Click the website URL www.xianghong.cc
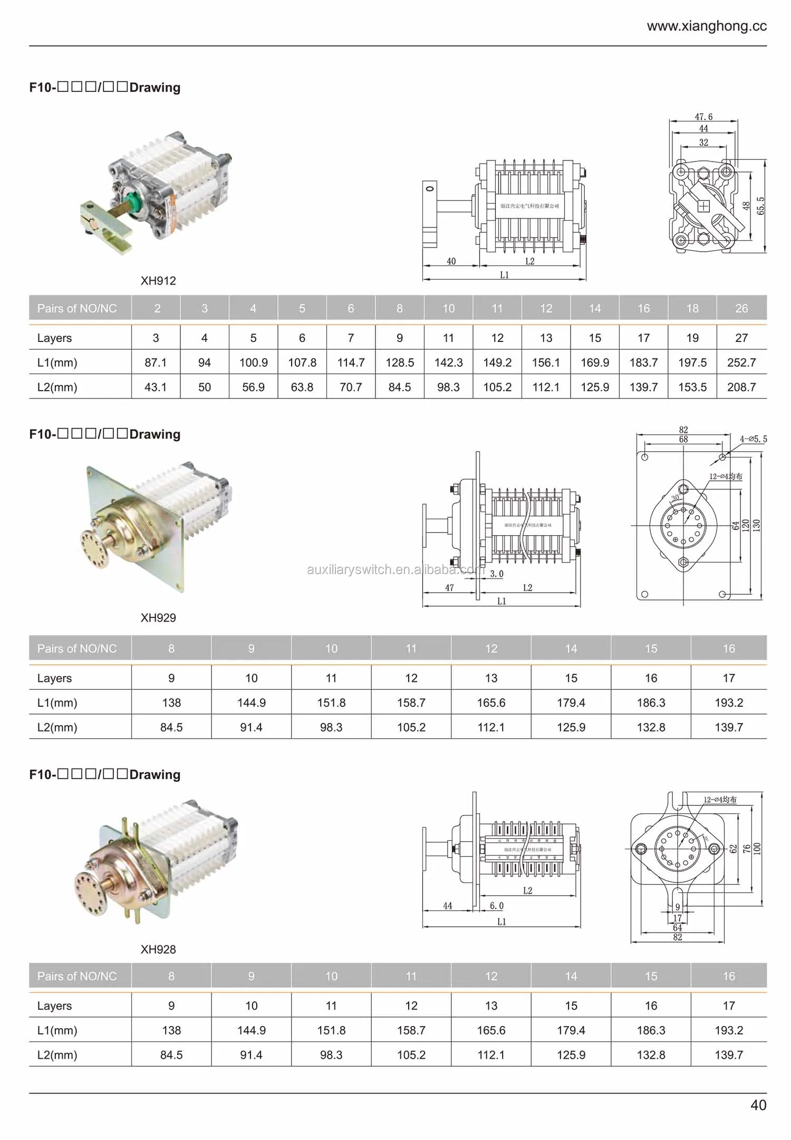707,26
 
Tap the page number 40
758,1105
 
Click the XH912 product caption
158,281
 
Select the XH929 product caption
158,617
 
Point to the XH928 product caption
158,949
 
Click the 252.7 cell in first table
741,363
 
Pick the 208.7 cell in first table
741,387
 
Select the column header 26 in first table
741,308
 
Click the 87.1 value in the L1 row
156,363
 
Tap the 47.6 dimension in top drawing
703,117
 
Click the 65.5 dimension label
760,206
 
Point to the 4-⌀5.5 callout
753,439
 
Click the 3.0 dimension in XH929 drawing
497,574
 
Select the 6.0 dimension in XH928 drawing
497,906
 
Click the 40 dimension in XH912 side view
451,261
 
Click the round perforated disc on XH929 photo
95,549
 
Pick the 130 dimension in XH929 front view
756,525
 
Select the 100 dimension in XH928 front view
757,848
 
